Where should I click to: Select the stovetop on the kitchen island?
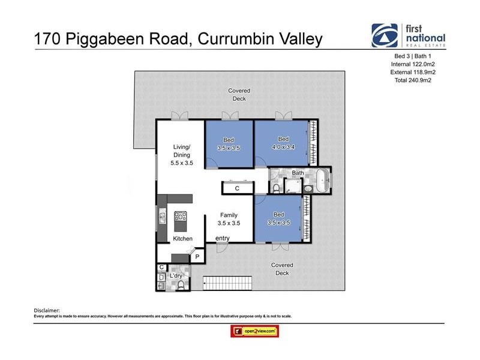(181, 217)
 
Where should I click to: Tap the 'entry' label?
(223, 238)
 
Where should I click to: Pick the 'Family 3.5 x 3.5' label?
(229, 219)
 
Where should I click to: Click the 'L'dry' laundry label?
(176, 275)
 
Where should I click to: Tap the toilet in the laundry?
(180, 284)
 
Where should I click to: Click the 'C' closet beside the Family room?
(238, 188)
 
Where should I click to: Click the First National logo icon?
(384, 35)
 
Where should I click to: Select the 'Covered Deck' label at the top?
(239, 95)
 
